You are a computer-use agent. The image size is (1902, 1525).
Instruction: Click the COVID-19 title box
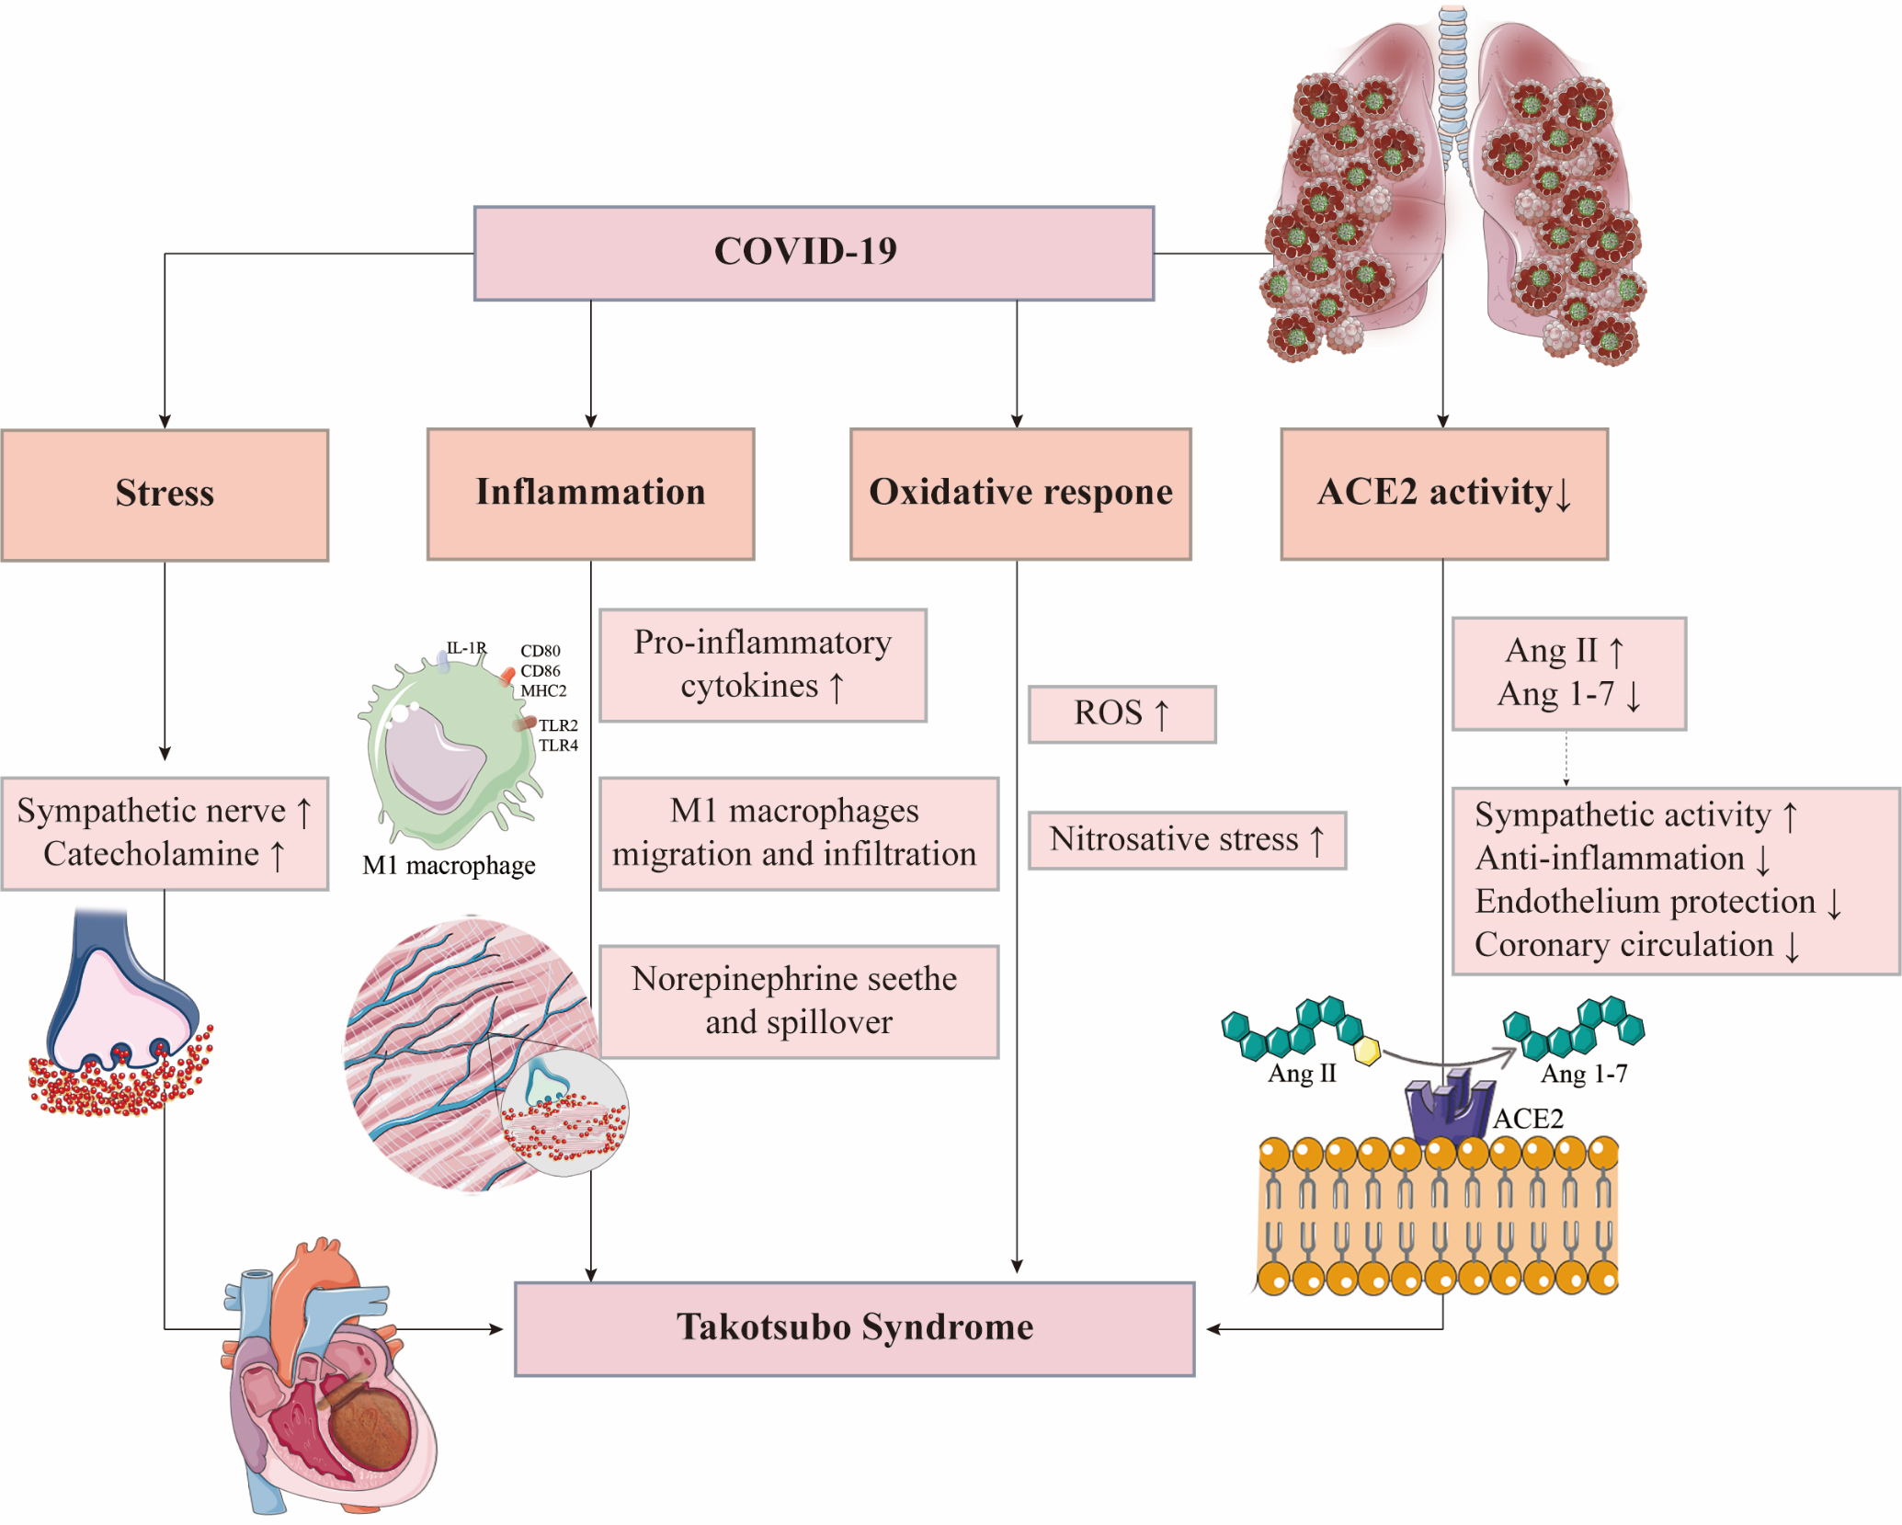[814, 253]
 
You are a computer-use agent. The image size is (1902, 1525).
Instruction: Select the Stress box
[165, 495]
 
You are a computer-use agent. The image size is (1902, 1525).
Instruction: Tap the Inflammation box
[590, 494]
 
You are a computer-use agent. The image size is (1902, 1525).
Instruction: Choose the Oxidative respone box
[1020, 494]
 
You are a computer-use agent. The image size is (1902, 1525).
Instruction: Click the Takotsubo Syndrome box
[854, 1328]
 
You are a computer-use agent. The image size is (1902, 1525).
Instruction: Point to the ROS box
[1122, 714]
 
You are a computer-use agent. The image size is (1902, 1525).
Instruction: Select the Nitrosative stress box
[1186, 840]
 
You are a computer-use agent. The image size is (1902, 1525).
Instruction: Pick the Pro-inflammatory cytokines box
[762, 665]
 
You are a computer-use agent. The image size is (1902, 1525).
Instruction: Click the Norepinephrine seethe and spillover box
[798, 1001]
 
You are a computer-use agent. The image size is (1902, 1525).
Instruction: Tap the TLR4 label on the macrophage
[558, 745]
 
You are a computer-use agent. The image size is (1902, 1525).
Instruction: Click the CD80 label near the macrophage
[541, 651]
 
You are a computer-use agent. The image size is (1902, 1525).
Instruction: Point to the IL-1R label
[466, 648]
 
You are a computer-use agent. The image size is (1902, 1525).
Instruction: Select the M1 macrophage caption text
[449, 866]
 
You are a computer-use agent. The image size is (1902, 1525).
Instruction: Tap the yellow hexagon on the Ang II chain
[1368, 1051]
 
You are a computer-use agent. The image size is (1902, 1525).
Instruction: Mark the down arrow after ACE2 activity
[1563, 495]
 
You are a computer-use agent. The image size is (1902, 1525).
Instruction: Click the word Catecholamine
[151, 854]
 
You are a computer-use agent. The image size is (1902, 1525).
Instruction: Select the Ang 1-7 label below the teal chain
[1583, 1074]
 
